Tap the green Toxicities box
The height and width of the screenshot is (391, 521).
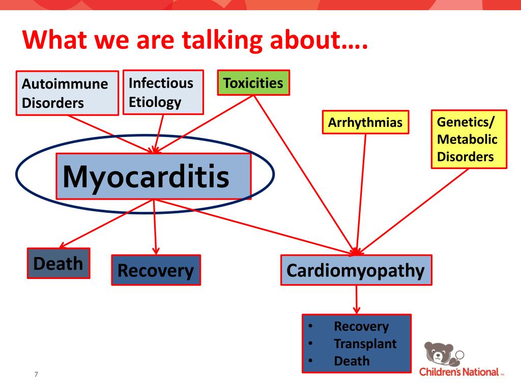(x=253, y=83)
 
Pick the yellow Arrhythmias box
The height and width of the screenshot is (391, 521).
(x=365, y=123)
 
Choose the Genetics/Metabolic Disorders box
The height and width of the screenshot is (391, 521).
(x=469, y=139)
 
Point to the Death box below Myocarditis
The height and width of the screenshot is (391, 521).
(x=58, y=263)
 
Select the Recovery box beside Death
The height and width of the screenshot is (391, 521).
(x=156, y=270)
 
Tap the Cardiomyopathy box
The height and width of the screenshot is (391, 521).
(x=356, y=270)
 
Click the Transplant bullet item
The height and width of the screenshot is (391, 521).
(x=365, y=344)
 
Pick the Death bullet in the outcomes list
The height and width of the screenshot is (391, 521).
(x=352, y=361)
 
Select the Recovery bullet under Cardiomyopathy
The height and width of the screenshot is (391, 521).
(x=361, y=326)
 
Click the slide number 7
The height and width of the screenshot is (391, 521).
(x=36, y=375)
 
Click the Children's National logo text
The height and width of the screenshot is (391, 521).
(x=458, y=372)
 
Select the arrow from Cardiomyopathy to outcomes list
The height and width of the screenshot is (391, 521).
(x=356, y=299)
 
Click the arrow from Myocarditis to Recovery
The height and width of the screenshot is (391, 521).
(x=155, y=227)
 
